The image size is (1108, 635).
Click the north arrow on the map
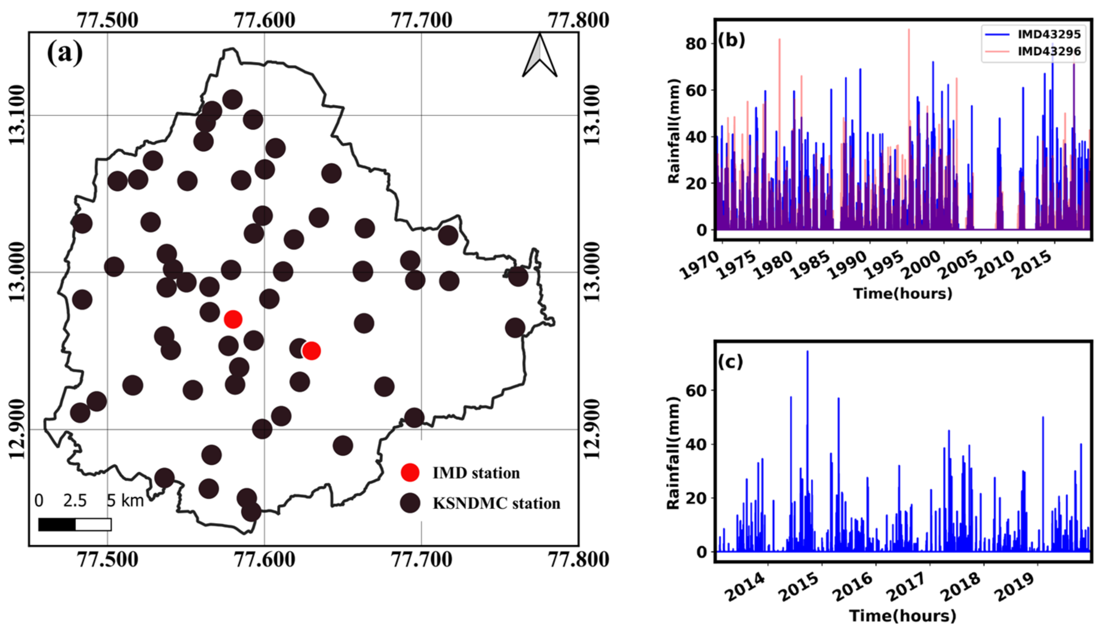point(540,56)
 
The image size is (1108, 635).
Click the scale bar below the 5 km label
point(75,524)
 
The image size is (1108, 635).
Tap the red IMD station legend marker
point(410,472)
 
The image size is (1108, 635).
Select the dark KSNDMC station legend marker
point(410,503)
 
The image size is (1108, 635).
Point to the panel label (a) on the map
point(64,53)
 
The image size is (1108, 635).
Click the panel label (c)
point(730,361)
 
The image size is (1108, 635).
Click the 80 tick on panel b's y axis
point(696,44)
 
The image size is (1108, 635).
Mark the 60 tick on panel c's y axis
point(696,391)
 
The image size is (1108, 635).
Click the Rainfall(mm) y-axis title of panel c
point(674,453)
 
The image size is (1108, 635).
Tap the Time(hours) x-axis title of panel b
point(902,294)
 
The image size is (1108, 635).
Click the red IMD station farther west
point(233,319)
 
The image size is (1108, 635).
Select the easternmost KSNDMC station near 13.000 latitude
point(518,277)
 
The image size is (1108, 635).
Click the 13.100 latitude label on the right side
point(592,115)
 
